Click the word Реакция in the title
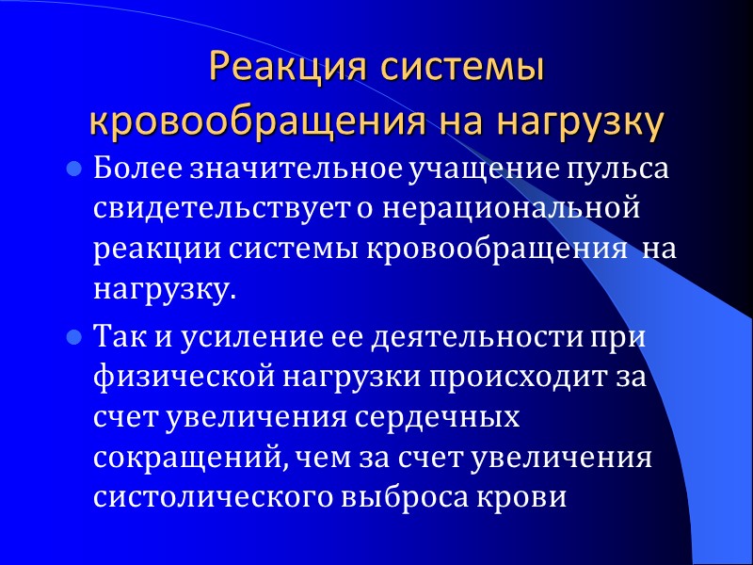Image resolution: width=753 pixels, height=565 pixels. [x=275, y=70]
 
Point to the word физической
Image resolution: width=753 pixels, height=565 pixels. [x=171, y=377]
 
